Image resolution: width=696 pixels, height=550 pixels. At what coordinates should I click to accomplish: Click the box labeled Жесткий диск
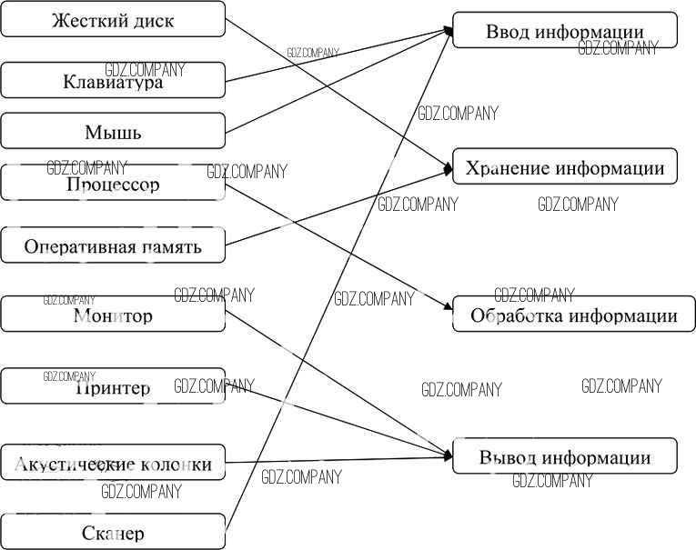coord(113,19)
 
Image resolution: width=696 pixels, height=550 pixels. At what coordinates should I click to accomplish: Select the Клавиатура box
coord(113,81)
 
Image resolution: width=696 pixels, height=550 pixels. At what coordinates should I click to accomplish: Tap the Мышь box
coord(113,132)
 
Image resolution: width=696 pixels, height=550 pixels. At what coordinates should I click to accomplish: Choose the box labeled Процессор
coord(113,184)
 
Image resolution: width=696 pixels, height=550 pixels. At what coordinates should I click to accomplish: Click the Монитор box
coord(113,315)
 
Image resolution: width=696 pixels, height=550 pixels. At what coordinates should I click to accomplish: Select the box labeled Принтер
coord(113,387)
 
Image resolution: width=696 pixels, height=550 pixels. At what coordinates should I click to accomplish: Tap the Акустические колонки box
coord(113,464)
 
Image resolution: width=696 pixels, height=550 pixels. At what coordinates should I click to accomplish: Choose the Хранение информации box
coord(565,167)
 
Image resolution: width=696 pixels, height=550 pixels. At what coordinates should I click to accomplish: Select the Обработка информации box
coord(574,315)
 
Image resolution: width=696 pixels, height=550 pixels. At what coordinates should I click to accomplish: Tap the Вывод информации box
coord(565,457)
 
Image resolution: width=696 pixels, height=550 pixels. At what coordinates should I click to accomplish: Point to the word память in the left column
coord(170,246)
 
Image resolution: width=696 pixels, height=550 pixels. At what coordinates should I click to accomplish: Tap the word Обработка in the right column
coord(516,316)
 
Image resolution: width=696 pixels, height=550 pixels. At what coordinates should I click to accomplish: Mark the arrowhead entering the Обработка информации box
coord(449,307)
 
